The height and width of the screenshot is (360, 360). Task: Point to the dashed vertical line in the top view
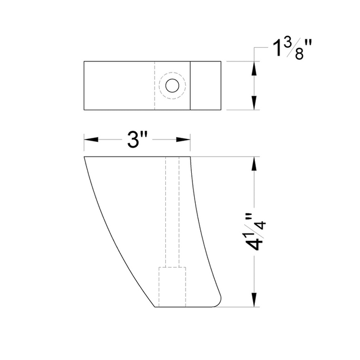click(155, 85)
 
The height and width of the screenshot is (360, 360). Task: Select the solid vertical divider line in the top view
click(190, 85)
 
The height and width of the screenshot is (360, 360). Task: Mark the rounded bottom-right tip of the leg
click(218, 302)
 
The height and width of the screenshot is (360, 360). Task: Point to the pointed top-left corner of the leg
click(85, 157)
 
